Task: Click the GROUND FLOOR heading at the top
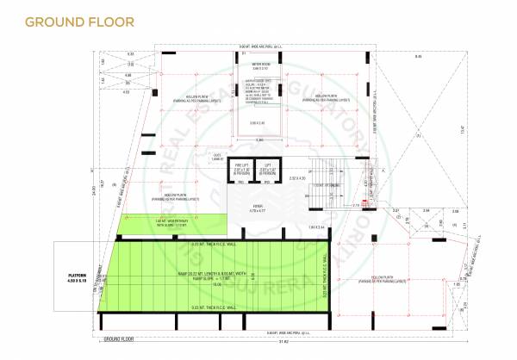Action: coord(79,21)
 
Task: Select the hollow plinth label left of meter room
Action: coord(190,98)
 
